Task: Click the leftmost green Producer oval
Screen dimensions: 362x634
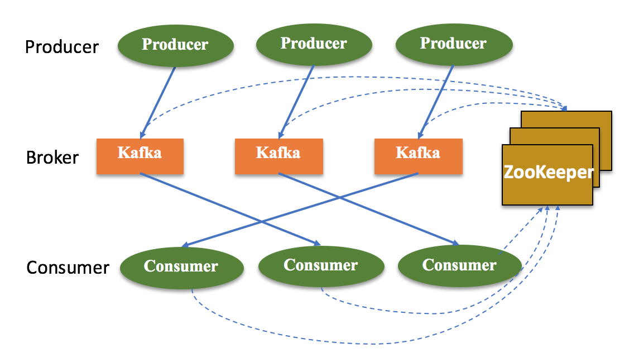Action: pyautogui.click(x=175, y=45)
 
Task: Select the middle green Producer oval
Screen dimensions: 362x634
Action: pyautogui.click(x=314, y=44)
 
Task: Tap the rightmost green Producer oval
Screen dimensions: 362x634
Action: pyautogui.click(x=453, y=44)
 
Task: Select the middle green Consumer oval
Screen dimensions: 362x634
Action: pyautogui.click(x=320, y=265)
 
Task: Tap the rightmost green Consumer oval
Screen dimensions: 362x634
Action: pyautogui.click(x=459, y=265)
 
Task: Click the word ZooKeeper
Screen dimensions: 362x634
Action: pyautogui.click(x=548, y=172)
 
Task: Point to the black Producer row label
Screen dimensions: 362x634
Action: pyautogui.click(x=62, y=47)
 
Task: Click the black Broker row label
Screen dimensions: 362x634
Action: pyautogui.click(x=52, y=158)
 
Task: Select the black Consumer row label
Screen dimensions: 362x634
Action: pyautogui.click(x=68, y=268)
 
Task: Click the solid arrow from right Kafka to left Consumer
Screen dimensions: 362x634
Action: pyautogui.click(x=301, y=209)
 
